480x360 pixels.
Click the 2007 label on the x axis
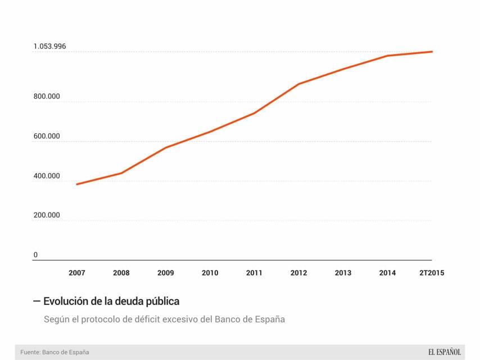click(77, 273)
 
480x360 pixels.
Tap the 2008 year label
click(121, 273)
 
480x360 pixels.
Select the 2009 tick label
click(166, 273)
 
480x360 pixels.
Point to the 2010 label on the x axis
click(210, 273)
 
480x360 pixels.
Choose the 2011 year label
click(254, 273)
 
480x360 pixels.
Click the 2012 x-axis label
click(298, 273)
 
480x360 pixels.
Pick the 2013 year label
click(343, 273)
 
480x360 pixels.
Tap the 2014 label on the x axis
click(387, 273)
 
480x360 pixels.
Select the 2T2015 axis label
click(432, 273)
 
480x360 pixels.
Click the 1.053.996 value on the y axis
click(49, 46)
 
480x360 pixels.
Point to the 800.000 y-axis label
click(47, 97)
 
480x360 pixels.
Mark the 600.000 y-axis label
click(47, 136)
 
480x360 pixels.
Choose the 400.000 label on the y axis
click(47, 176)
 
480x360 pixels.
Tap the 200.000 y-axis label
click(47, 215)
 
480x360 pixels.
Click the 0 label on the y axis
click(36, 255)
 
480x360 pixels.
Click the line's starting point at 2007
click(77, 184)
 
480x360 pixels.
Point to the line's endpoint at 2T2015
click(432, 52)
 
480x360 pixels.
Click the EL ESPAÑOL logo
click(444, 352)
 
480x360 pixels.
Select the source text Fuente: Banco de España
click(55, 352)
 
